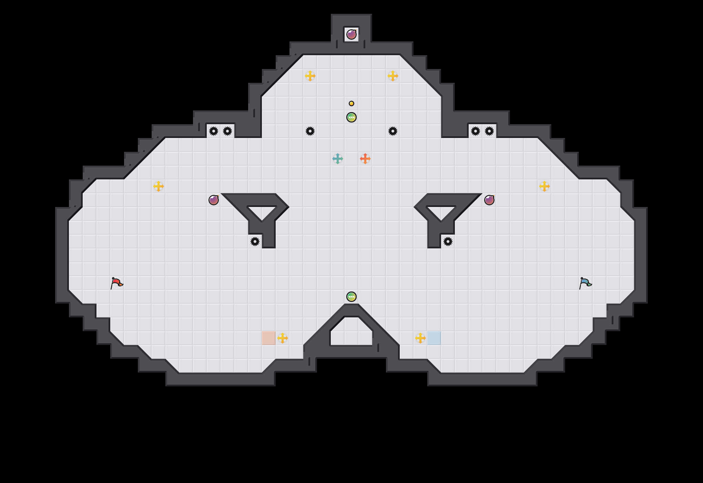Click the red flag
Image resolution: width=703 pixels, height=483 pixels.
[116, 283]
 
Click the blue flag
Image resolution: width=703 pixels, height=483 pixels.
[585, 283]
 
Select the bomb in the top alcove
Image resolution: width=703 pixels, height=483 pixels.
[351, 34]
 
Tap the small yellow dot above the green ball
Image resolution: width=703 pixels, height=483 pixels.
[351, 103]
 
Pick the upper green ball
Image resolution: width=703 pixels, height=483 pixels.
[351, 117]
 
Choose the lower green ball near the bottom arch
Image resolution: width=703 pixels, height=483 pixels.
[351, 297]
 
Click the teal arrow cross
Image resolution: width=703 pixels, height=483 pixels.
[338, 159]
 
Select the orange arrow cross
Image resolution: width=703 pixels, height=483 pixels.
[365, 159]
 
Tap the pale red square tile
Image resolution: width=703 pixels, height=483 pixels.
[269, 338]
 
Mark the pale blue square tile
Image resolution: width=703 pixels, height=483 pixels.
[434, 338]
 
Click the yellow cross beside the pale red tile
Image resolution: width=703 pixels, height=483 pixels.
[283, 338]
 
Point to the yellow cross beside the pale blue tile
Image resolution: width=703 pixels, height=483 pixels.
[420, 338]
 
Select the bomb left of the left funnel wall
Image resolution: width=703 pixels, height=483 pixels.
[214, 200]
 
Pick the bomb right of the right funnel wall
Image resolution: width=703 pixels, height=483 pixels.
[489, 200]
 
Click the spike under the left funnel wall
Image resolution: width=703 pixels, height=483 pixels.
[255, 241]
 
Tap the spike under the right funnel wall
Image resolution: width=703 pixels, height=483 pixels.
[448, 241]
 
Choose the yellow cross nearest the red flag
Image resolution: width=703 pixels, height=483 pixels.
[159, 186]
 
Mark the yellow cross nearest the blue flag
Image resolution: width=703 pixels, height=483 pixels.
[544, 186]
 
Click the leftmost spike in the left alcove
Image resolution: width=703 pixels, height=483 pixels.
[214, 131]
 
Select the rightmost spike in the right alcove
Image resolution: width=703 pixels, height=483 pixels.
[489, 131]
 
